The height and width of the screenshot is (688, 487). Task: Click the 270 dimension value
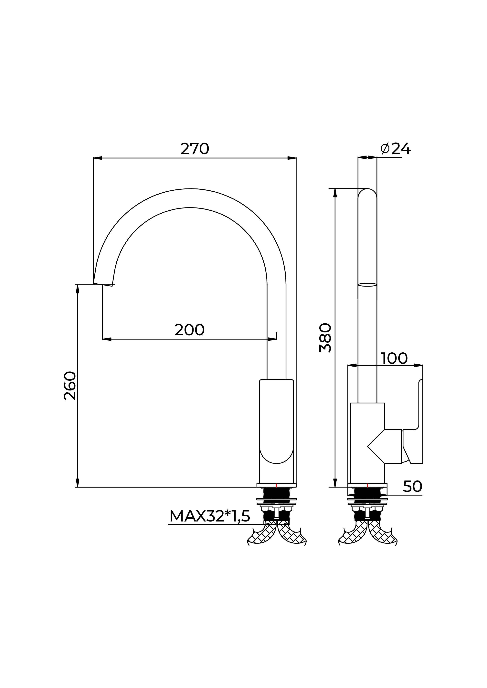click(x=195, y=149)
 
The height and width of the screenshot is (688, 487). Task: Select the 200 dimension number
click(x=190, y=330)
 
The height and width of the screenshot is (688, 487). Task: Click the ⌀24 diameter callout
click(x=396, y=149)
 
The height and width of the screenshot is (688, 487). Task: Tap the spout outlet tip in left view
click(x=103, y=284)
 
